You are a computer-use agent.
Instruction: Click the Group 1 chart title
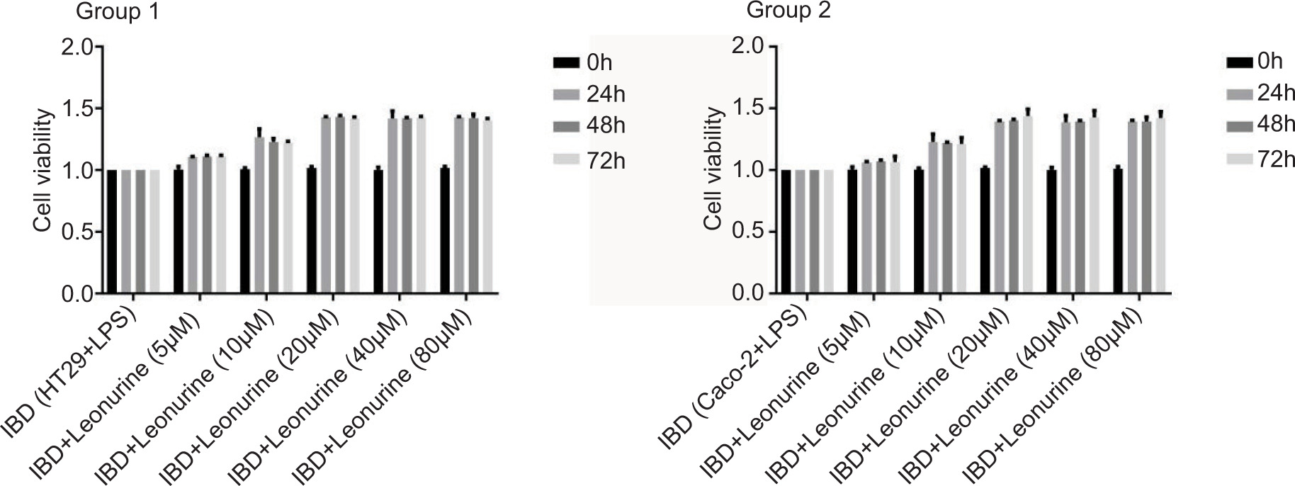[118, 12]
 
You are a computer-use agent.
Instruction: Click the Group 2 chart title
[788, 11]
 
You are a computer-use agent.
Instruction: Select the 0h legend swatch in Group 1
[566, 63]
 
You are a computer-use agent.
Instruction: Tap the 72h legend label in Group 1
[606, 161]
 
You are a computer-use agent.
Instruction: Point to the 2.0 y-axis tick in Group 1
[78, 47]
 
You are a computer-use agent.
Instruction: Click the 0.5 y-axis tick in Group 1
[78, 232]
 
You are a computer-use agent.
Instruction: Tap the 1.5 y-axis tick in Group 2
[750, 108]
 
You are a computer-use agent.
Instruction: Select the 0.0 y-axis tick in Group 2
[750, 293]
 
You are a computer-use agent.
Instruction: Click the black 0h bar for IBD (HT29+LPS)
[112, 232]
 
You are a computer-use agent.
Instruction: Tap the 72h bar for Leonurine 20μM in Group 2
[1028, 205]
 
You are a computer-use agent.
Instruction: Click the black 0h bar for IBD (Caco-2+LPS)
[786, 232]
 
